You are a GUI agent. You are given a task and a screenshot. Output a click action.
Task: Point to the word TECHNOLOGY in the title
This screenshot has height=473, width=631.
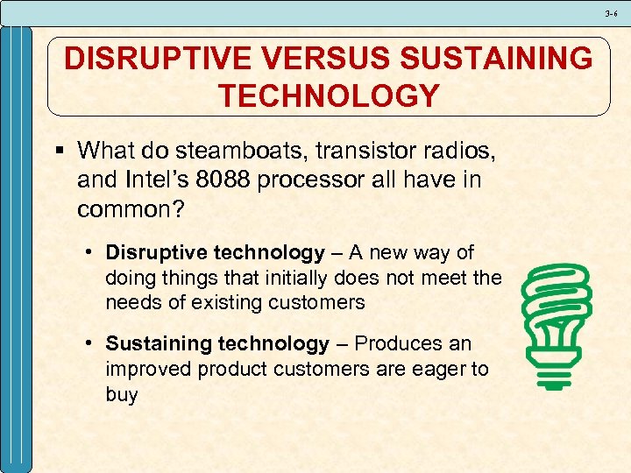[x=329, y=95]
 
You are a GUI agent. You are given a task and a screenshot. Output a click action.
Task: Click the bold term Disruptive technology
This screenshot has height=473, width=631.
[x=215, y=253]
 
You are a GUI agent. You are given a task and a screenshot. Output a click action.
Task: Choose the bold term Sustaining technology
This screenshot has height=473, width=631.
[x=217, y=344]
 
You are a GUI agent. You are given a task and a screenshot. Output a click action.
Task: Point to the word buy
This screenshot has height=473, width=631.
[x=121, y=394]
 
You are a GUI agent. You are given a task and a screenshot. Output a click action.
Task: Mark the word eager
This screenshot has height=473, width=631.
[x=436, y=369]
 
